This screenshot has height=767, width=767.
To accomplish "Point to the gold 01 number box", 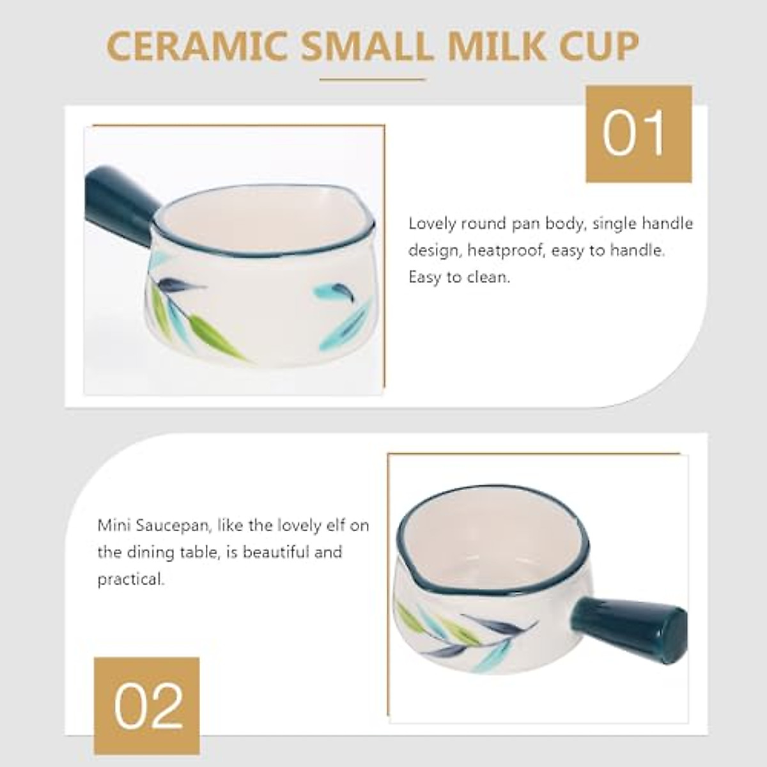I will click(x=639, y=134).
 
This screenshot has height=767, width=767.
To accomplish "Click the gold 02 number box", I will click(x=146, y=705).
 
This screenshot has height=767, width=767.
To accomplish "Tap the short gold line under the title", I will click(x=373, y=80).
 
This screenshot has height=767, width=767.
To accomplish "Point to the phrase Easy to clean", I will click(x=460, y=277).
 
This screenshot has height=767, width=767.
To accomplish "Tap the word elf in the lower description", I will click(x=336, y=525).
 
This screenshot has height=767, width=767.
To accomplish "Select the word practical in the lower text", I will click(x=130, y=580).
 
